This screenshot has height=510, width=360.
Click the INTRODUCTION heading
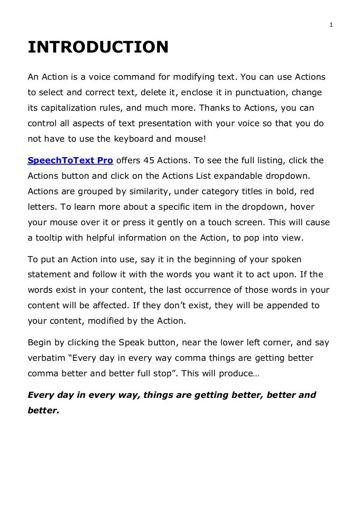point(98,47)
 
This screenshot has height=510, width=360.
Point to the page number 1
point(331,25)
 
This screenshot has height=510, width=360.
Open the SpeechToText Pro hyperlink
point(70,160)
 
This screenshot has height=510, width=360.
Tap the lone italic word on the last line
point(44,411)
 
